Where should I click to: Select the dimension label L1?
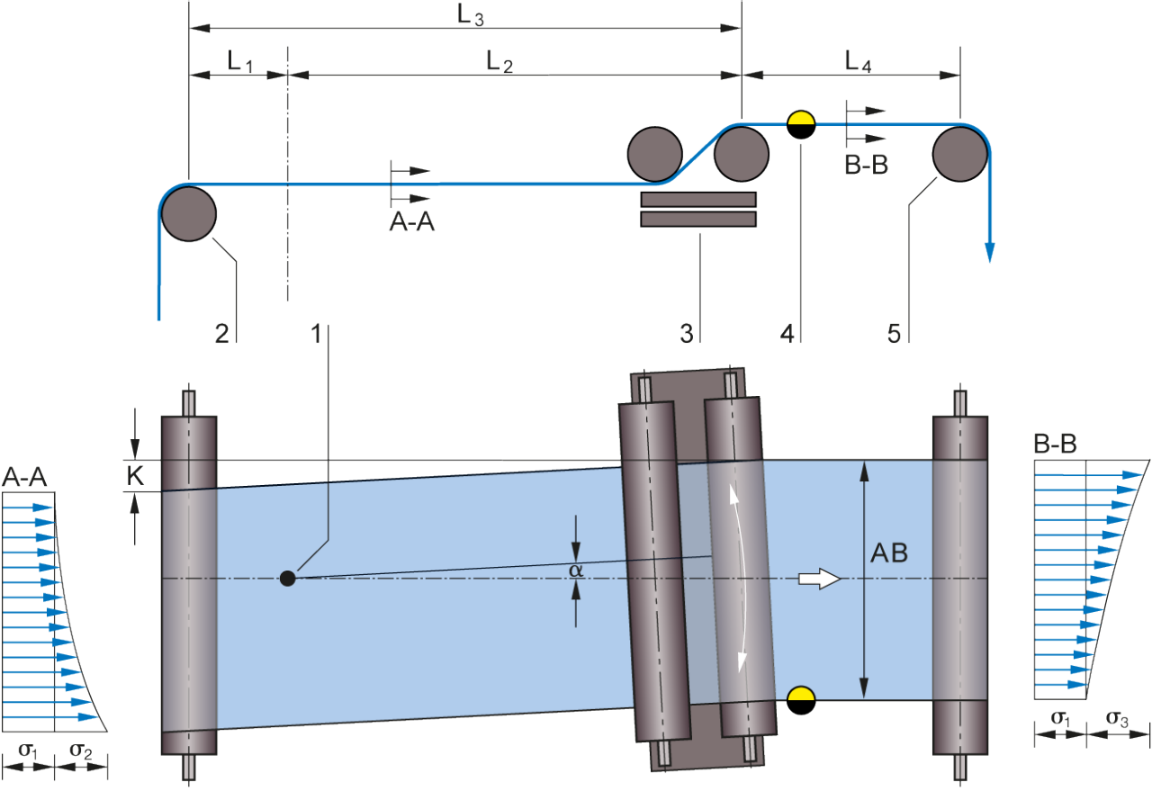[240, 61]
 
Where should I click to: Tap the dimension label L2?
[499, 61]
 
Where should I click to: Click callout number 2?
[221, 334]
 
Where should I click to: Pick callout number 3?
[686, 334]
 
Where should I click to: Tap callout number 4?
[787, 334]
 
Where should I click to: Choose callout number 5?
[894, 334]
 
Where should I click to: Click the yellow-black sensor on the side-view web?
[800, 124]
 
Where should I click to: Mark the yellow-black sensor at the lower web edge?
[800, 699]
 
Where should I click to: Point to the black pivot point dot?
[287, 578]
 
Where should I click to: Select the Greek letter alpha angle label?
[577, 570]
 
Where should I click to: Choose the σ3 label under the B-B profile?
[1118, 719]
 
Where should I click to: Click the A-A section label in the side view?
[411, 222]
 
